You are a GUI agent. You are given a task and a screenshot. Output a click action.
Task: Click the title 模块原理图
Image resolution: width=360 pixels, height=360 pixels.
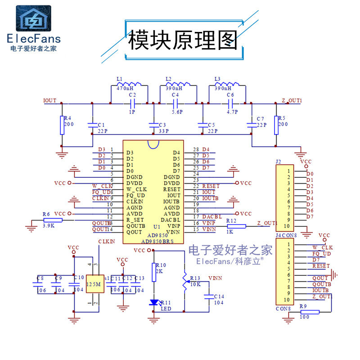183,40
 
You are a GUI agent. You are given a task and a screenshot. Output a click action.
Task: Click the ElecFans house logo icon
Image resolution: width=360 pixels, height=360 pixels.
33,18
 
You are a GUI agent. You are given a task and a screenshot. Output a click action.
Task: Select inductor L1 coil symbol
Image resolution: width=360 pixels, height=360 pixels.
129,85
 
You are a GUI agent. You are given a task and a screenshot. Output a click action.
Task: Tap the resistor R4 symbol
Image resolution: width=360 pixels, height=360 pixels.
62,125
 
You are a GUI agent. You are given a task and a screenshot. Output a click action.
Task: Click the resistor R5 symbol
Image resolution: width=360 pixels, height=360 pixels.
276,125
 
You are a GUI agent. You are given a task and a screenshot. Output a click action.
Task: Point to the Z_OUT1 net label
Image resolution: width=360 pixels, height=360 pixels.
292,100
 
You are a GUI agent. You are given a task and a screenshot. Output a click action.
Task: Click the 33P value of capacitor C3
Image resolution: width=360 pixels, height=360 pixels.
163,131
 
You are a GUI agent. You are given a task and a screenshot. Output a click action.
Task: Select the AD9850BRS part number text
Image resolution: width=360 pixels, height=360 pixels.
157,241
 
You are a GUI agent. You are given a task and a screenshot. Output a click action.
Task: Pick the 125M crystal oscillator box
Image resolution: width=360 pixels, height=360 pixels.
94,284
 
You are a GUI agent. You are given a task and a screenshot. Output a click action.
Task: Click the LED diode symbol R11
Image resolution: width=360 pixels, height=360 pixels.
154,302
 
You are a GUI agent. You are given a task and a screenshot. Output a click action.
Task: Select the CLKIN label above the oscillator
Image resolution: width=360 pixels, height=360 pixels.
106,242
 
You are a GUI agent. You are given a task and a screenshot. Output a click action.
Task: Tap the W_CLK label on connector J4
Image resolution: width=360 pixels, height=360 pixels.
322,247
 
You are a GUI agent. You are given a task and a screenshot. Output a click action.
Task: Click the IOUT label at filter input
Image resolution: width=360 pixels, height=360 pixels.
49,100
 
